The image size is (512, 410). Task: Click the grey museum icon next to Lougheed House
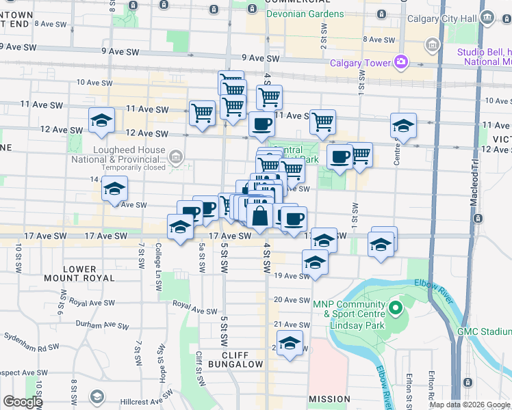[176, 159]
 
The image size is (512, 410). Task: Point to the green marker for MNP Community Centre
[394, 308]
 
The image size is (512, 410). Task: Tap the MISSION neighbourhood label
[329, 398]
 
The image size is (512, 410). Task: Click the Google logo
[23, 402]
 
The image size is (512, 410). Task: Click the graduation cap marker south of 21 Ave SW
[290, 344]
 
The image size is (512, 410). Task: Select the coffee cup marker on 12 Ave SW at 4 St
[261, 125]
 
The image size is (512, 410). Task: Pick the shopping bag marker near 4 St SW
[260, 217]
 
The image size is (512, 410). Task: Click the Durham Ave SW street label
[103, 325]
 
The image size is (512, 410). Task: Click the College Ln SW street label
[158, 260]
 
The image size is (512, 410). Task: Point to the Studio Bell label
[483, 52]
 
